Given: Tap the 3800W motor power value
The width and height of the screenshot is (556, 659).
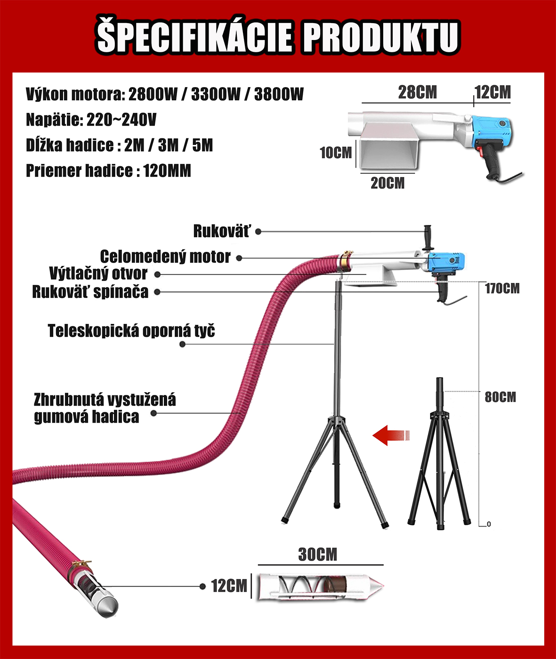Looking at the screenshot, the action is [x=279, y=94].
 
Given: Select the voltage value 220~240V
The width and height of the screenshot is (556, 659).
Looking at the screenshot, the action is [x=121, y=120].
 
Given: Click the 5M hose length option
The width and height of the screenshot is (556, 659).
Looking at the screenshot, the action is [x=202, y=145].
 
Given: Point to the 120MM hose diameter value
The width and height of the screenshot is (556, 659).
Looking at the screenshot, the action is [x=167, y=171].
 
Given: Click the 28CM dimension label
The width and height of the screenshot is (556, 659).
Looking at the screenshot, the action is [x=418, y=92].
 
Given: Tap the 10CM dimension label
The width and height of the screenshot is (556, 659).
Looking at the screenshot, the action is [x=336, y=153].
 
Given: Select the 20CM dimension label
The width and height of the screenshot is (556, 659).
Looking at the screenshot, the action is [x=387, y=183].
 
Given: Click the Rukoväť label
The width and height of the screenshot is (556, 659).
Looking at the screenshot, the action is [x=221, y=231].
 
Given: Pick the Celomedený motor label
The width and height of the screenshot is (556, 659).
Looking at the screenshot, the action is [x=165, y=257].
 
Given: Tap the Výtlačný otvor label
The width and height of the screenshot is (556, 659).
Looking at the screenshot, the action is [x=98, y=273].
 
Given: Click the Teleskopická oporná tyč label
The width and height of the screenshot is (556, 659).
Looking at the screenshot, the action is [x=131, y=331].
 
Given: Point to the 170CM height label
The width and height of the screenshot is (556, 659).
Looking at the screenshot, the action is [x=502, y=289].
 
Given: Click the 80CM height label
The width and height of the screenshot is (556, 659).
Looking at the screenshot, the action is [x=500, y=397].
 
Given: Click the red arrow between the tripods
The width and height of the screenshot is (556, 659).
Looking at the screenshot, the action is [x=391, y=435].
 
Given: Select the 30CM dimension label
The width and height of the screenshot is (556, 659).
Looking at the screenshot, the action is [x=318, y=555].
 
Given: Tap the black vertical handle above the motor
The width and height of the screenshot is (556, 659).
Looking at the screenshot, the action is [x=428, y=237].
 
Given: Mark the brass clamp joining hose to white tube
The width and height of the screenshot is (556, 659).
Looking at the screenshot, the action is [x=346, y=262].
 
